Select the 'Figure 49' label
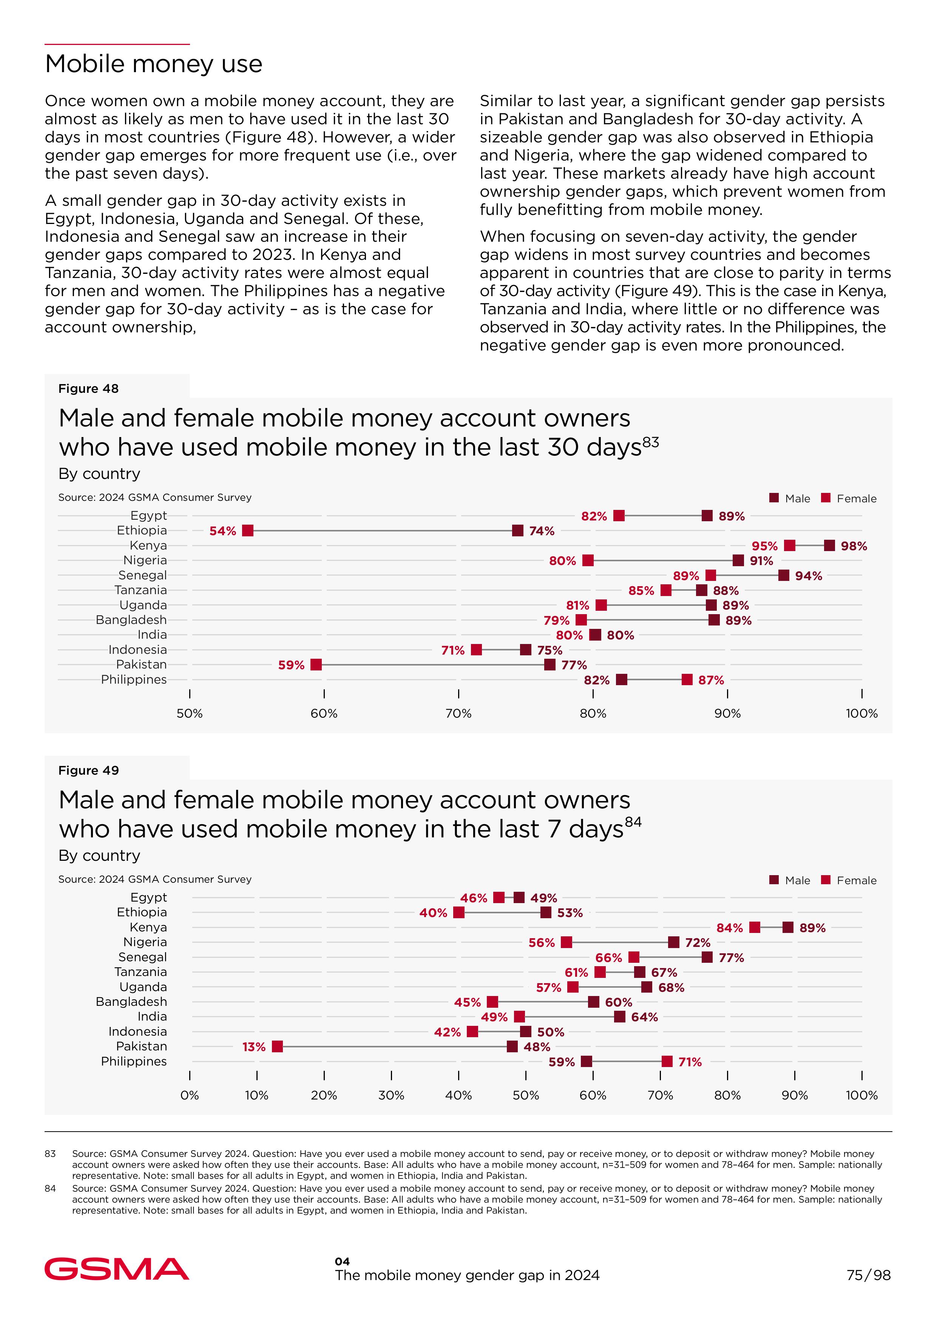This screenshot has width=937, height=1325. pyautogui.click(x=88, y=771)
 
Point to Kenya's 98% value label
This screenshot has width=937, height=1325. pyautogui.click(x=854, y=546)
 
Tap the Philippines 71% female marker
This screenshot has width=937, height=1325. pyautogui.click(x=667, y=1062)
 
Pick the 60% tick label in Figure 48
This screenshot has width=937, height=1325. pyautogui.click(x=324, y=713)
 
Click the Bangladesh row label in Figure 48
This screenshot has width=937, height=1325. pyautogui.click(x=131, y=620)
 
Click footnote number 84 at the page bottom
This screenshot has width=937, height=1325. pyautogui.click(x=50, y=1188)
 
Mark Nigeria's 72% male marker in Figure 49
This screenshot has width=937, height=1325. pyautogui.click(x=674, y=942)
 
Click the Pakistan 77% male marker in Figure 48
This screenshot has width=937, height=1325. pyautogui.click(x=550, y=665)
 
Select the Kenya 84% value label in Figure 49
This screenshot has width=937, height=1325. pyautogui.click(x=729, y=928)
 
